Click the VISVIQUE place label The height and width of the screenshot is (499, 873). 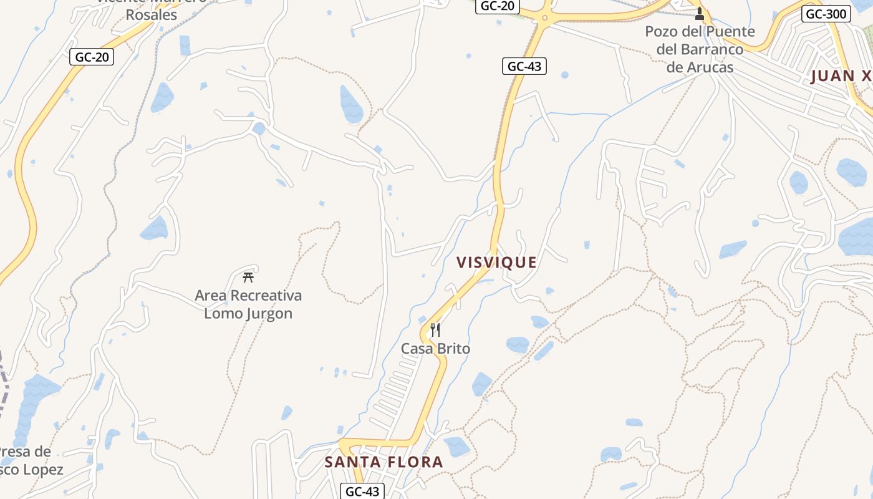coord(496,263)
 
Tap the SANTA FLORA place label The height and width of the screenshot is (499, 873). coord(383,462)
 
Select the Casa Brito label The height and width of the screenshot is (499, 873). coord(435,349)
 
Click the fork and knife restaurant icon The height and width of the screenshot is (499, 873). coord(435,330)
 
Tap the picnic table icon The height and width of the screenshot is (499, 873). coord(248,278)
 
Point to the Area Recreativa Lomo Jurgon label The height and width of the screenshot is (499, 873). coord(248,304)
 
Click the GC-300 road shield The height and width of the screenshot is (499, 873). coord(826,14)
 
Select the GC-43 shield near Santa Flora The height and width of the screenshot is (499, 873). coord(362,492)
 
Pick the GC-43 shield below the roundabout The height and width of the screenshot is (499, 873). coord(524,66)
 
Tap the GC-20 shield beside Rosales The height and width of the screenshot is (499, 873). coord(92,57)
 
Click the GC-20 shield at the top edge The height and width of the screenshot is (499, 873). coord(498,6)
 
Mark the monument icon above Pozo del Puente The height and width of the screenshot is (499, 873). coord(700,13)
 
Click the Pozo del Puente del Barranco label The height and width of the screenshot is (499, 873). coord(700,49)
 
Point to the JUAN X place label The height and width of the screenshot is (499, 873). coord(841,76)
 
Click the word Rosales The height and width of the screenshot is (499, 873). coord(152,15)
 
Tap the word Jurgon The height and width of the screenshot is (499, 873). coord(263,313)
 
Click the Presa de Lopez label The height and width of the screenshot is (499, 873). coord(28,460)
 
